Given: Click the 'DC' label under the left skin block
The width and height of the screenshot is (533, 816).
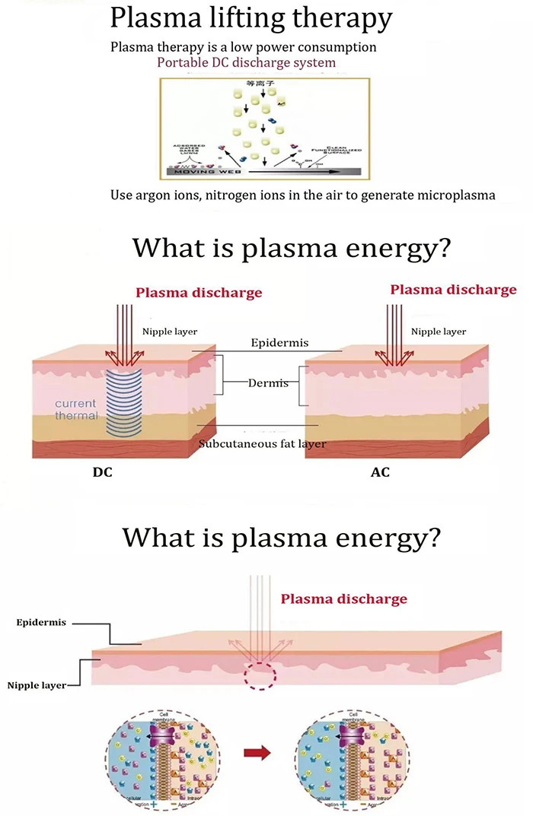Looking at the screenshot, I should (103, 472).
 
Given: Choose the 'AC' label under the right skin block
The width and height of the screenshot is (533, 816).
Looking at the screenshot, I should (380, 472).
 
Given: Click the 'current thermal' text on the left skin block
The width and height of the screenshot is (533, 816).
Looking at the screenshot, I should (76, 409).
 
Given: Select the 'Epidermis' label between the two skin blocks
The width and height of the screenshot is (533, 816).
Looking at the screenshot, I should (279, 343).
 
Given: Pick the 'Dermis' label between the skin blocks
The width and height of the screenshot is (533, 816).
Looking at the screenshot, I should (268, 383).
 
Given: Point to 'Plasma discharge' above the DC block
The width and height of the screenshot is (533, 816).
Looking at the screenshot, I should (199, 292).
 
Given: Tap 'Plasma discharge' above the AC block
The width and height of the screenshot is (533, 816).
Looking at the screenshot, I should (453, 289).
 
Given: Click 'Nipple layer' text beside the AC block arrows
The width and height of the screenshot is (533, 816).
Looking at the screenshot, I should (438, 332).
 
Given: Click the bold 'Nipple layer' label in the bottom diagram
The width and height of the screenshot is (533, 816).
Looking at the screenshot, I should (36, 685).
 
